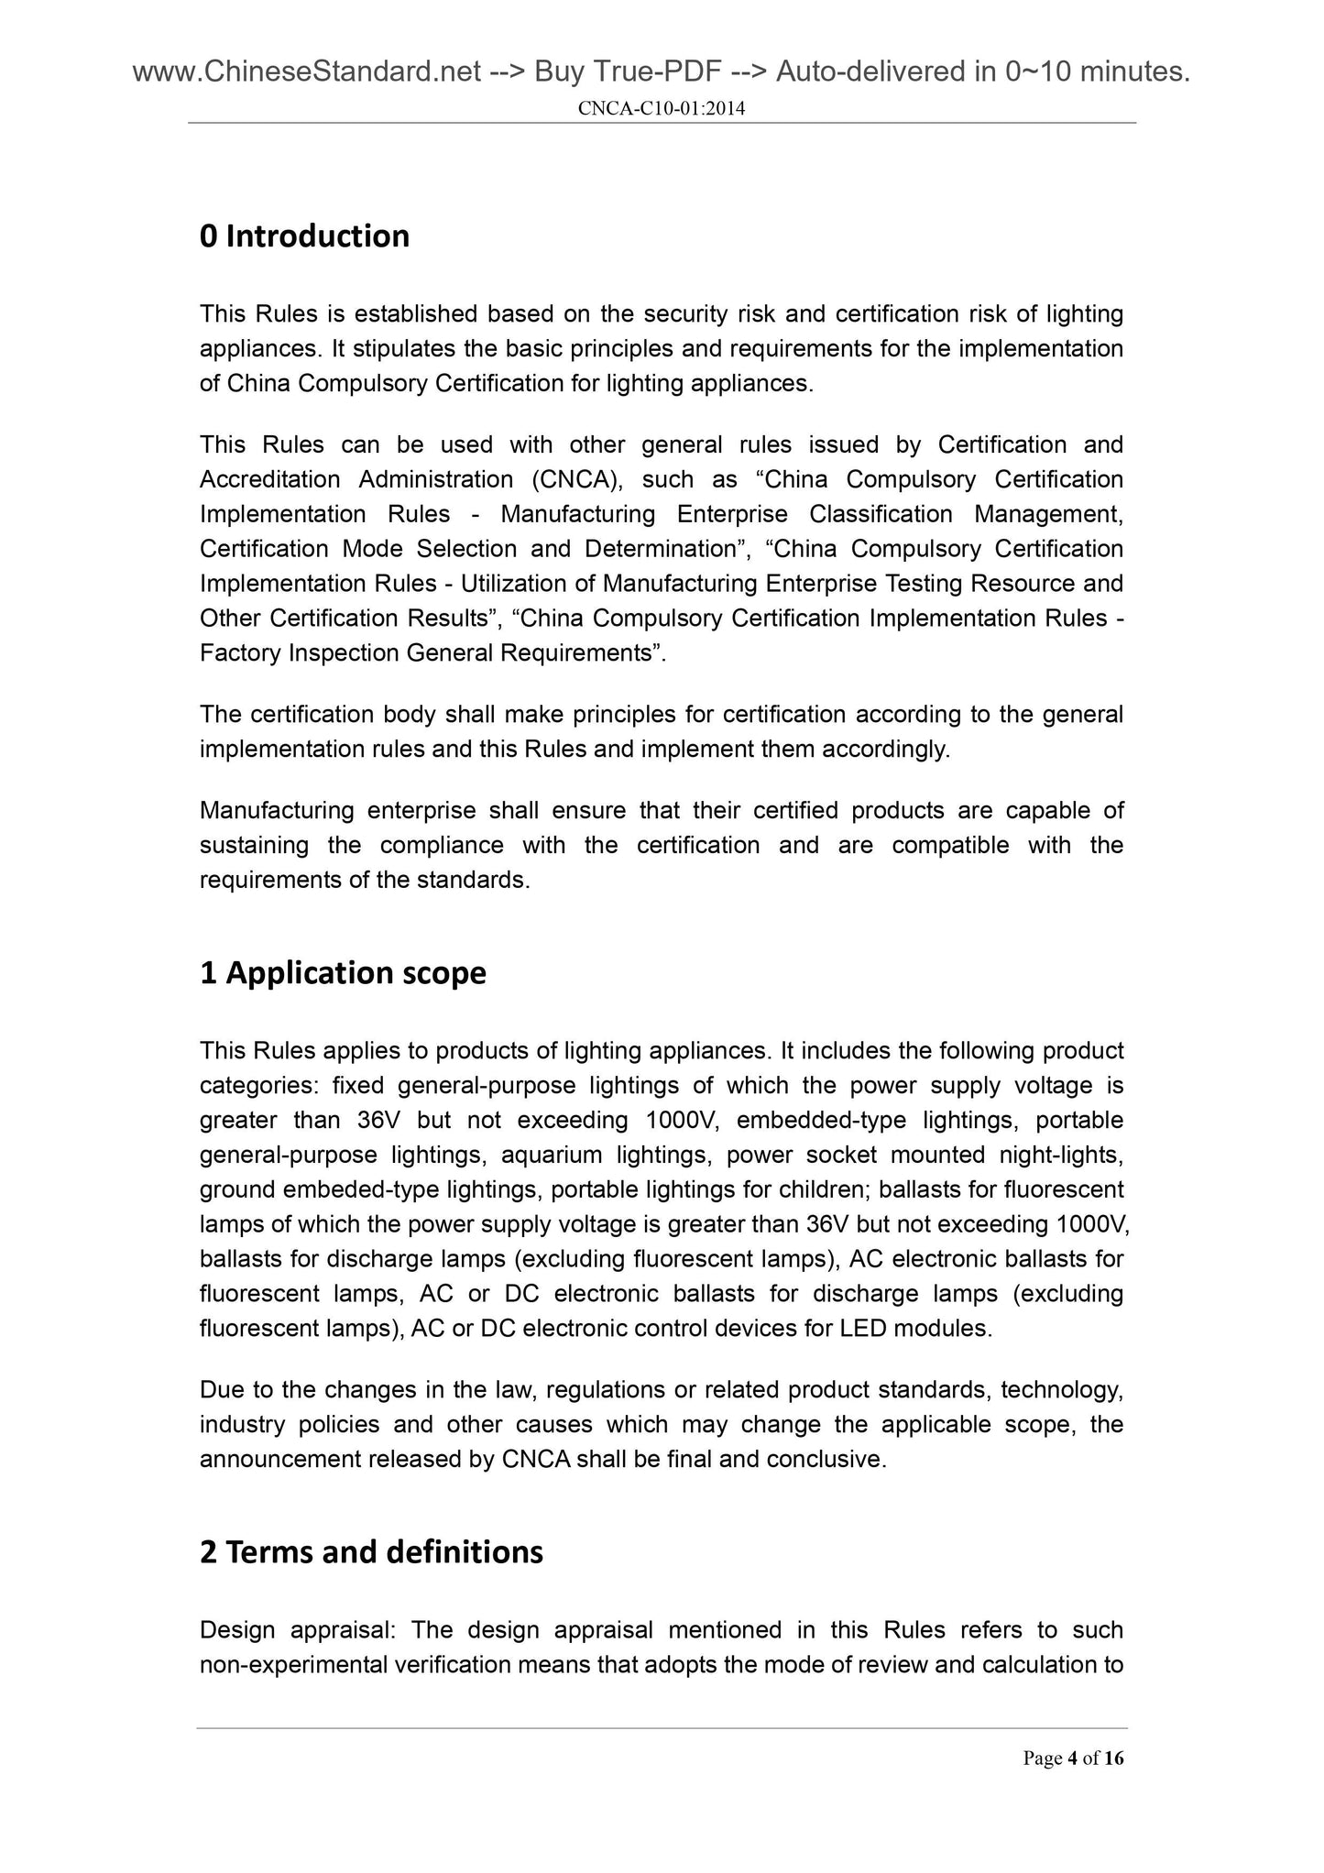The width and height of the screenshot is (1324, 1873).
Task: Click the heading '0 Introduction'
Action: [x=304, y=236]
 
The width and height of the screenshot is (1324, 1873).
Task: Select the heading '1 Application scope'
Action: [x=343, y=972]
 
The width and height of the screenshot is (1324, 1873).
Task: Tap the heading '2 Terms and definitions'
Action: [x=371, y=1551]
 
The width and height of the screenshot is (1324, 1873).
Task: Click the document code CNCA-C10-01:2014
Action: [x=662, y=109]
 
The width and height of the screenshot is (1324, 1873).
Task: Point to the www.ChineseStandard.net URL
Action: [x=307, y=71]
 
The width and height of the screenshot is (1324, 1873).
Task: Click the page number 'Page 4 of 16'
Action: [x=1073, y=1758]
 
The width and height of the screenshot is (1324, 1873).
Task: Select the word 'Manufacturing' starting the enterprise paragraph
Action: [x=273, y=810]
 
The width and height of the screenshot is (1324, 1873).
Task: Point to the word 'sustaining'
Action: [x=254, y=845]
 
